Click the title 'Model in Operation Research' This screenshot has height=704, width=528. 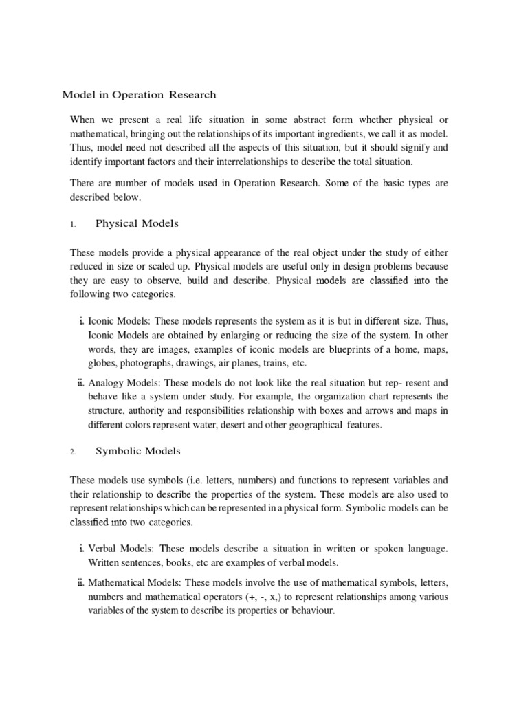point(140,94)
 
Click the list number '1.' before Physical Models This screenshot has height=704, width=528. point(74,224)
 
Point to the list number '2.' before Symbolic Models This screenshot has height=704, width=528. point(74,452)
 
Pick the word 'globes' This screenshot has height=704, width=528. point(104,364)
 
